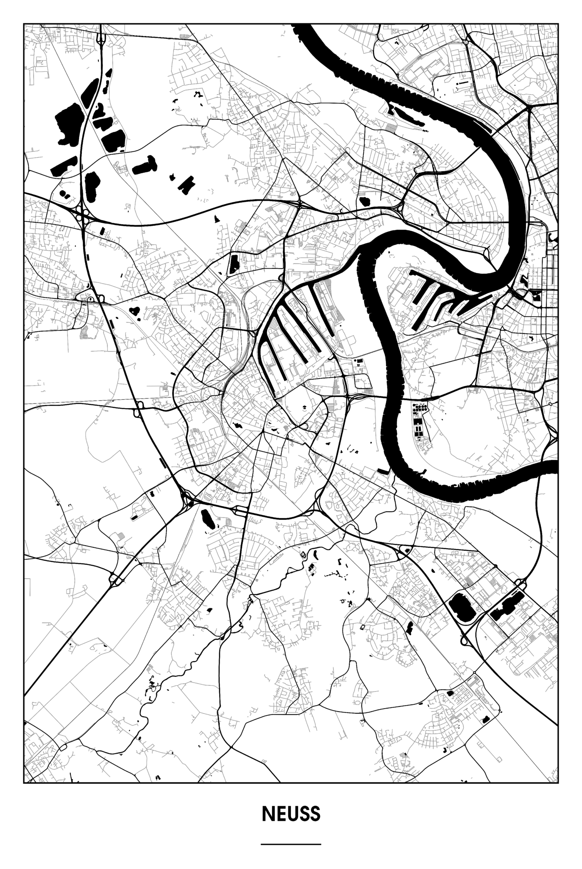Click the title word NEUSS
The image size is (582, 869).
point(291,814)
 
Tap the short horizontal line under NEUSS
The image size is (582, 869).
point(291,844)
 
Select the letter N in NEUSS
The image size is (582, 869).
point(267,814)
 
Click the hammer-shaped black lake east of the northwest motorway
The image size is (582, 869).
point(145,166)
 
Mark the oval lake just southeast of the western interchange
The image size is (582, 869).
point(207,518)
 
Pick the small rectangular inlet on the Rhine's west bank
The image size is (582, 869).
point(382,471)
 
